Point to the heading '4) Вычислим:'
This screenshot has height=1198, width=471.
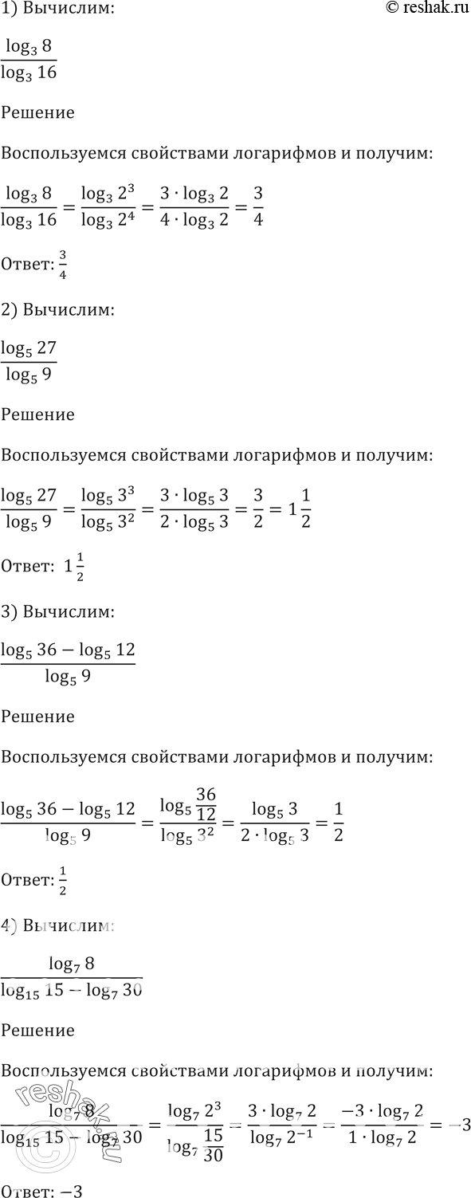pyautogui.click(x=58, y=926)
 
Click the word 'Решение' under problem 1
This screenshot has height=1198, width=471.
pyautogui.click(x=38, y=112)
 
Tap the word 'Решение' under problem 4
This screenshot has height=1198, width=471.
pyautogui.click(x=38, y=1030)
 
